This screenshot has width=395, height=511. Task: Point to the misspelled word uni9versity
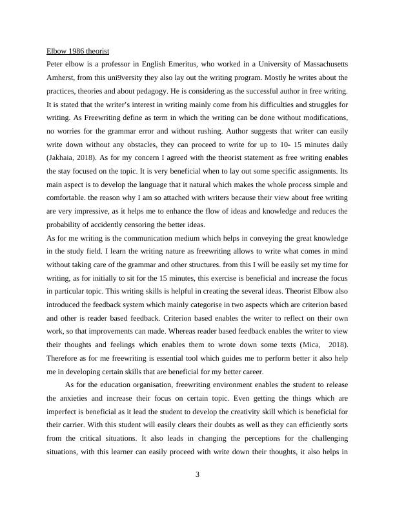128,78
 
